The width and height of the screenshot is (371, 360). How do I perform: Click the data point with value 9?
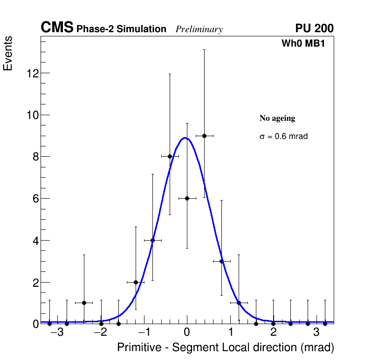(x=204, y=136)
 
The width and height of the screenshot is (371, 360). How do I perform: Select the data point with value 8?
(x=170, y=157)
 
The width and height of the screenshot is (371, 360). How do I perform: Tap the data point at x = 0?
(x=187, y=198)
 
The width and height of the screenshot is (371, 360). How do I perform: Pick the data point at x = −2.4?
(x=84, y=303)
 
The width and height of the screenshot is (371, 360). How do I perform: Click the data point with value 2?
(x=136, y=282)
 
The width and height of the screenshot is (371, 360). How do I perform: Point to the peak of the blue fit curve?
(x=185, y=138)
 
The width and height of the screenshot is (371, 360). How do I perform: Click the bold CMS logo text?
(x=57, y=28)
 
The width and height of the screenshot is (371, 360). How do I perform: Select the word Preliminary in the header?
(x=199, y=29)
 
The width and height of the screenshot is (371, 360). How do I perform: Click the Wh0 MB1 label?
(x=303, y=43)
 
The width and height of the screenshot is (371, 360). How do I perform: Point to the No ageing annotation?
(x=277, y=118)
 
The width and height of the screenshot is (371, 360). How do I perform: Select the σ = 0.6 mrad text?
(x=283, y=137)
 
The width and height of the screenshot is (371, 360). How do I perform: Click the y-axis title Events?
(x=8, y=54)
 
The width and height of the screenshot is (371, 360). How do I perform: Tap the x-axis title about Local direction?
(x=226, y=348)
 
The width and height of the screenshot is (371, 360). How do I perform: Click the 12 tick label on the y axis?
(x=32, y=73)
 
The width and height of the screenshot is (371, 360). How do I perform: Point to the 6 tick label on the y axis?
(x=35, y=199)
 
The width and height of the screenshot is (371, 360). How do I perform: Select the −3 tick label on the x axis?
(x=57, y=332)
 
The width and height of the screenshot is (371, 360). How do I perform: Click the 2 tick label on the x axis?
(x=273, y=332)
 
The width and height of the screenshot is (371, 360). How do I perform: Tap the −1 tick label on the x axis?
(x=144, y=332)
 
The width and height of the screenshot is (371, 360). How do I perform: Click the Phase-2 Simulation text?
(x=121, y=29)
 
